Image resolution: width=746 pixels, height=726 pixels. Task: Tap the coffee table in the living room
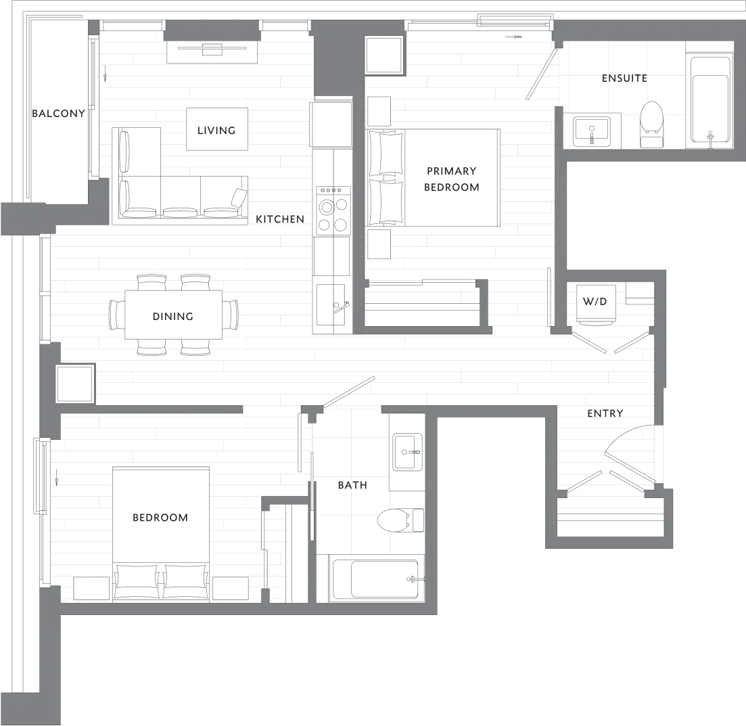pos(216,127)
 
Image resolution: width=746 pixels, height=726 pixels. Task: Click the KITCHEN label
pos(277,219)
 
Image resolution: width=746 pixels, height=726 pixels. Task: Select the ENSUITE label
pos(624,79)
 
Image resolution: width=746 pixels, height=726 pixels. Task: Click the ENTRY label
pos(605,411)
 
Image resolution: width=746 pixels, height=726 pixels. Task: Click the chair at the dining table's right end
pos(232,314)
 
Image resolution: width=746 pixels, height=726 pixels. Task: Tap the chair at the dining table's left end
pos(116,315)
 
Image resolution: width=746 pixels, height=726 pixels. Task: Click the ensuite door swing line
pos(543,71)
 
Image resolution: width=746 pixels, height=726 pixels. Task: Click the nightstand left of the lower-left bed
pos(91,587)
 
